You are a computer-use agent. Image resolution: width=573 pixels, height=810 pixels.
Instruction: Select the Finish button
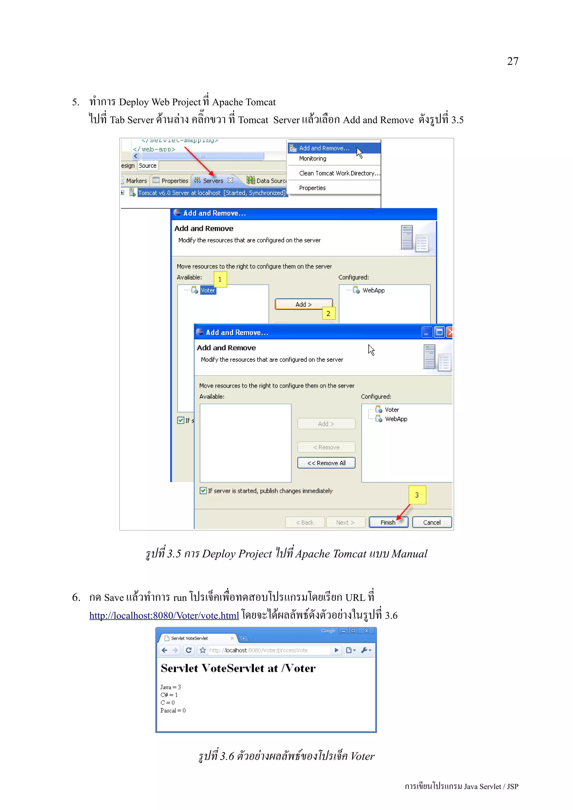(388, 522)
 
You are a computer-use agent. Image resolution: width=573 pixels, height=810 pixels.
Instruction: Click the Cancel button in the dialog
(431, 522)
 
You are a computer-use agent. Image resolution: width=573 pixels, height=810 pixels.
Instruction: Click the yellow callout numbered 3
(417, 495)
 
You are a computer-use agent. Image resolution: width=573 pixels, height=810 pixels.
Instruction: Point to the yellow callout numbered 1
(220, 279)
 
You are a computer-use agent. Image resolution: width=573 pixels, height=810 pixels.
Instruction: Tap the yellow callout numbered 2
(328, 313)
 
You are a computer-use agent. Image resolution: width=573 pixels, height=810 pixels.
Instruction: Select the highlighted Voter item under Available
(208, 290)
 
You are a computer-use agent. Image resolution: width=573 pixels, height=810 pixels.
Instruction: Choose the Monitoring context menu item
(313, 159)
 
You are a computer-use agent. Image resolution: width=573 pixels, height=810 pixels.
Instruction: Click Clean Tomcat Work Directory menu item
(339, 173)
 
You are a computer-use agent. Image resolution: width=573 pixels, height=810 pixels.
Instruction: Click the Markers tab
(136, 181)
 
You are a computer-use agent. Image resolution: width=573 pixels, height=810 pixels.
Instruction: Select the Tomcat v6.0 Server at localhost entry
(212, 193)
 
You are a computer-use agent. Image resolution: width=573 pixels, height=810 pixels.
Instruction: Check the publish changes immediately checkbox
(203, 491)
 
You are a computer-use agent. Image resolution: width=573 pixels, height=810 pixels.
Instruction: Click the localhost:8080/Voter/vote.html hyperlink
(164, 616)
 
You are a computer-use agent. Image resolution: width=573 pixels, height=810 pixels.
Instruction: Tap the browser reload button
(189, 650)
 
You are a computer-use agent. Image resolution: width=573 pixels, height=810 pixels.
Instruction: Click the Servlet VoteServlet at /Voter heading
(238, 668)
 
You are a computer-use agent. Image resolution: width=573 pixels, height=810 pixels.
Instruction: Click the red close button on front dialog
(449, 332)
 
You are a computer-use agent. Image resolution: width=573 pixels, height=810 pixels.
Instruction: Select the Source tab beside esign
(147, 165)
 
